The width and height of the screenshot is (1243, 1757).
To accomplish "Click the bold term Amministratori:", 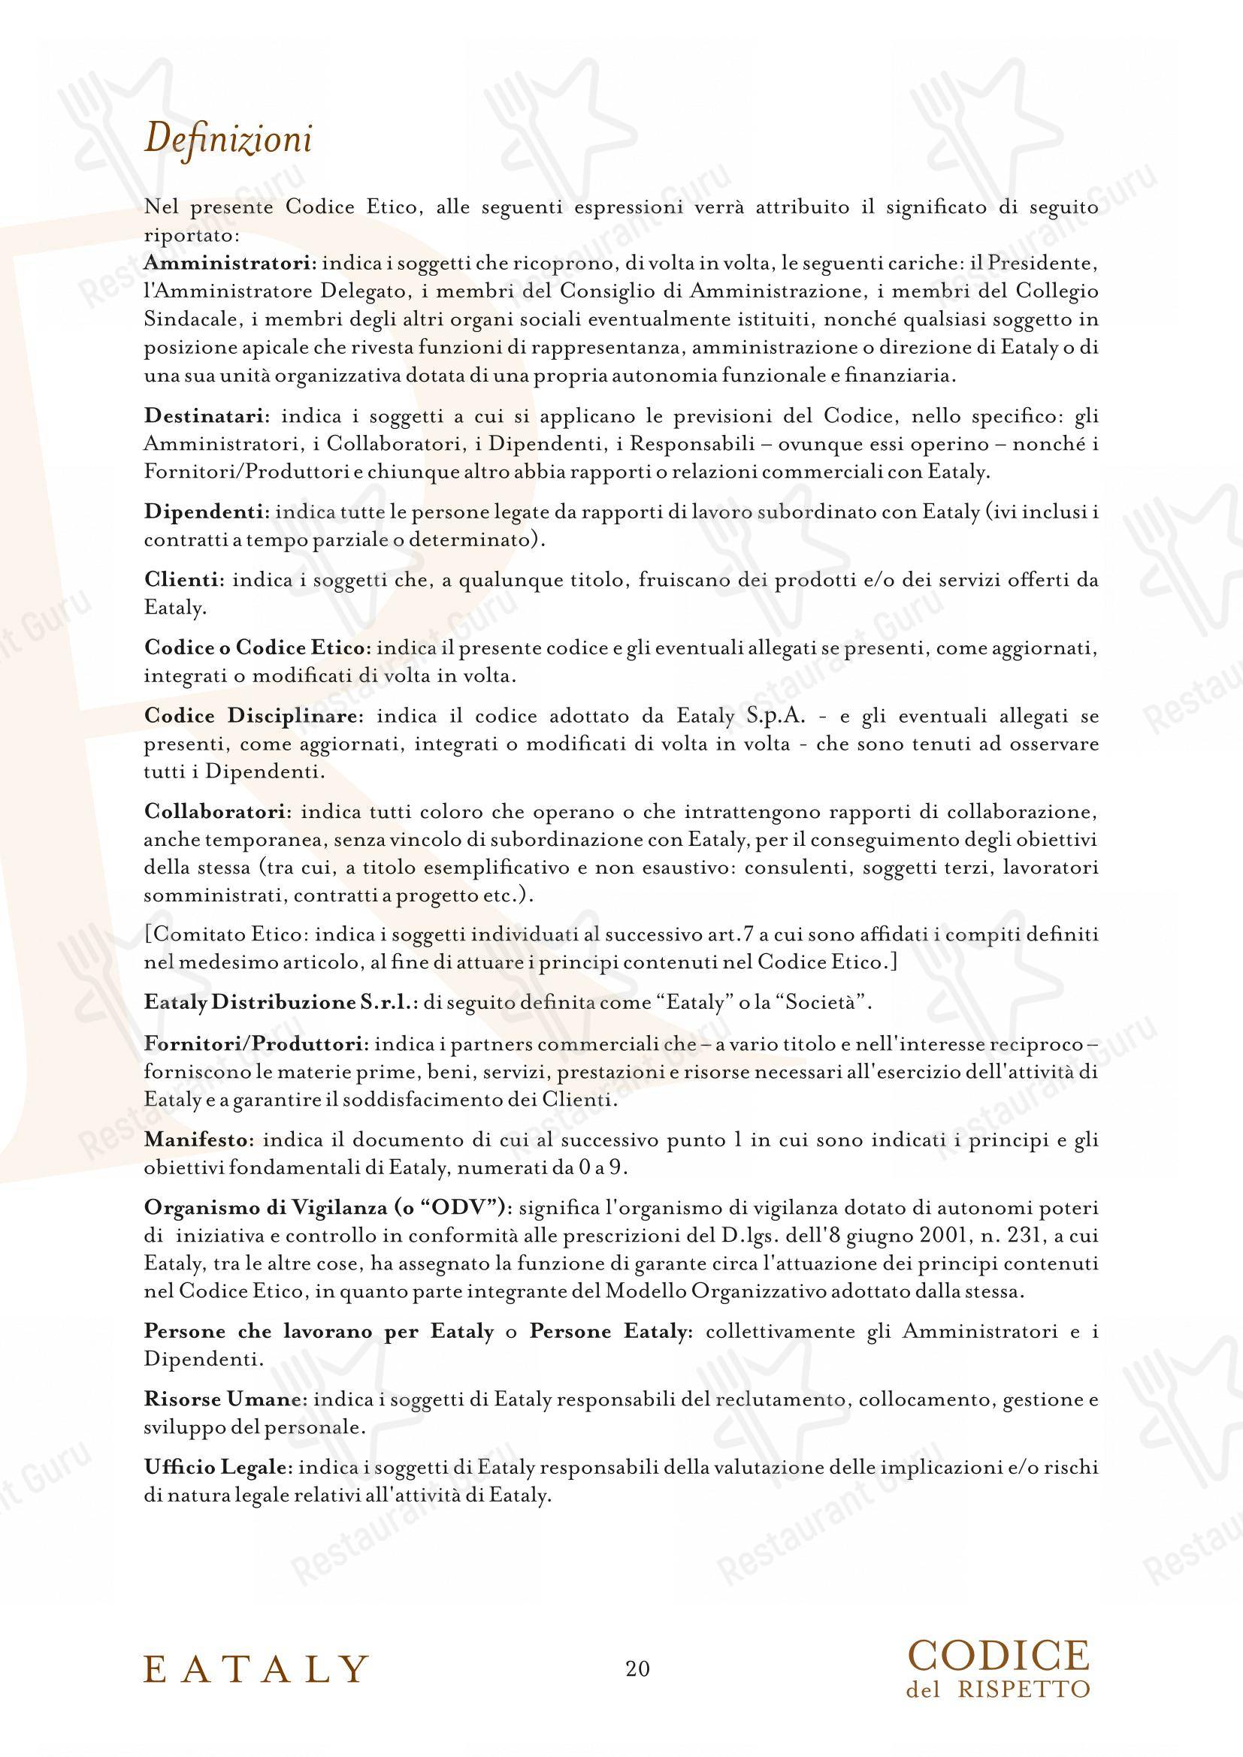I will pyautogui.click(x=230, y=263).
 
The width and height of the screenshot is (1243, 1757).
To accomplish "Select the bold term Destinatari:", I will pyautogui.click(x=207, y=417).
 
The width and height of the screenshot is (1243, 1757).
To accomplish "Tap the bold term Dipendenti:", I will pyautogui.click(x=206, y=512).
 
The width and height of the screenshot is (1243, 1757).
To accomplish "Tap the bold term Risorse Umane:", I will pyautogui.click(x=225, y=1399).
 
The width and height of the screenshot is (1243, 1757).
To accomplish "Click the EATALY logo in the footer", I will pyautogui.click(x=256, y=1668).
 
